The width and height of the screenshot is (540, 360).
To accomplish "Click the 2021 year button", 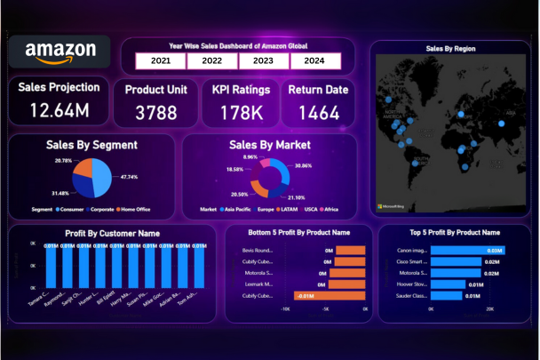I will point(161,61).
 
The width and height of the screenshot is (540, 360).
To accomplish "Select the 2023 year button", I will point(263,61).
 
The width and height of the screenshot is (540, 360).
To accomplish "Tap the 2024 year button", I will point(314,61).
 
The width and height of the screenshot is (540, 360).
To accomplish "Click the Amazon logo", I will point(60,52).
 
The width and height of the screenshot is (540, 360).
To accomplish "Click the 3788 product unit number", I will point(156,112).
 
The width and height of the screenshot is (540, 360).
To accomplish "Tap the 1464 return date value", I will point(318,112).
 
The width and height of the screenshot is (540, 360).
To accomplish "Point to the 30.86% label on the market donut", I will point(303,166).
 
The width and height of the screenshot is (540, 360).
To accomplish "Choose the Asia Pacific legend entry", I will point(238,210).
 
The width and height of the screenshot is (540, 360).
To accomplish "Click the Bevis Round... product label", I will point(258,251).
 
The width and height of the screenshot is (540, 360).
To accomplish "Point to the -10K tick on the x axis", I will point(285,310).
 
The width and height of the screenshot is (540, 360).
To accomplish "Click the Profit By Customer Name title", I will point(112,233).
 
